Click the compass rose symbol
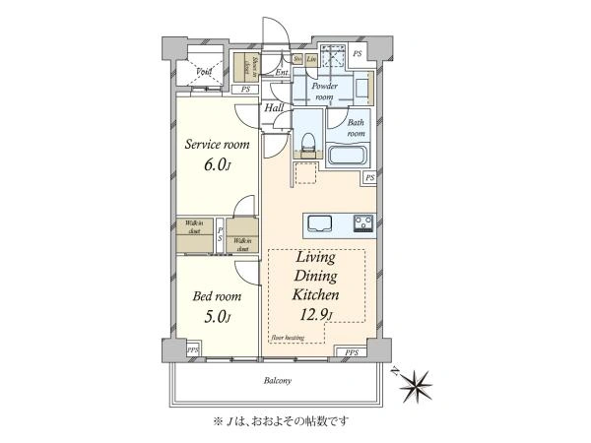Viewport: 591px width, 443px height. coord(425,380)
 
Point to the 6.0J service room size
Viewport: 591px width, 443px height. coord(218,164)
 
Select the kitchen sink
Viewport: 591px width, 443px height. coord(322,222)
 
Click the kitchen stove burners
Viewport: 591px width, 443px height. coord(361,222)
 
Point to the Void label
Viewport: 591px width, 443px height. coord(205,72)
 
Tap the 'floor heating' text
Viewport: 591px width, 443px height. coord(288,338)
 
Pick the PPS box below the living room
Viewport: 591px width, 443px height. coord(351,351)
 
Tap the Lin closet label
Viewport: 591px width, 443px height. coord(310,59)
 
